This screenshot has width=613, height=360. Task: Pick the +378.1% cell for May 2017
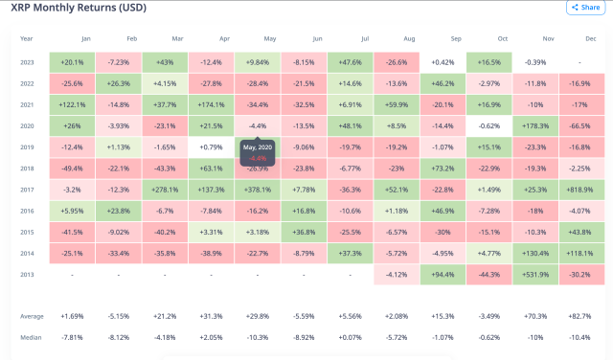(259, 189)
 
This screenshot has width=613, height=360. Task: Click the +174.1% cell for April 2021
(212, 104)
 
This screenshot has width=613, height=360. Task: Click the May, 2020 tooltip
(258, 152)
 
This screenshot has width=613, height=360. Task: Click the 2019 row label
(27, 146)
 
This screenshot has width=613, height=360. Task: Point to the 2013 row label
(27, 273)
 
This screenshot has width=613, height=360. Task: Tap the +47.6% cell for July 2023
(351, 62)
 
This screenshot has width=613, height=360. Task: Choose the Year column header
(26, 39)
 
